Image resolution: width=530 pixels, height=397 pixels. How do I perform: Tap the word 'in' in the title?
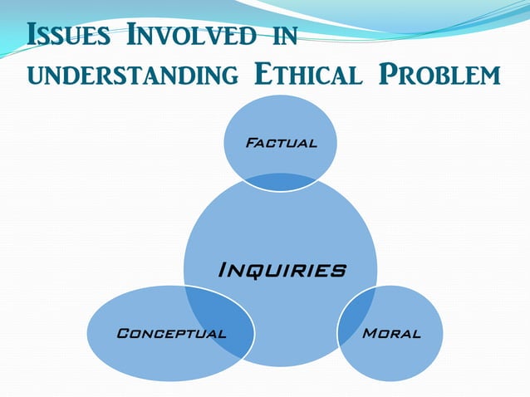coord(283,37)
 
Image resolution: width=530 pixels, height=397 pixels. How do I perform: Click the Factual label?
coord(281,143)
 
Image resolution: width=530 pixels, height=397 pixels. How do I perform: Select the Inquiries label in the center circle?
coord(281,270)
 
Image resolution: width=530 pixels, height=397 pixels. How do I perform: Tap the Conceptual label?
coord(171,333)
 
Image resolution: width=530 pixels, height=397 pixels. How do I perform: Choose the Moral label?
coord(391,333)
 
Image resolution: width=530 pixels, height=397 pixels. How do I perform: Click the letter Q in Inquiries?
coord(253,271)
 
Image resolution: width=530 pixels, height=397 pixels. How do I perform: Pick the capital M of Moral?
coord(370,333)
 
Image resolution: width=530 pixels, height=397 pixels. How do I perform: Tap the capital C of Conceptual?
coord(123,333)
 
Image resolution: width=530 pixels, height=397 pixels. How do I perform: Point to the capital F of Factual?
coord(250,143)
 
